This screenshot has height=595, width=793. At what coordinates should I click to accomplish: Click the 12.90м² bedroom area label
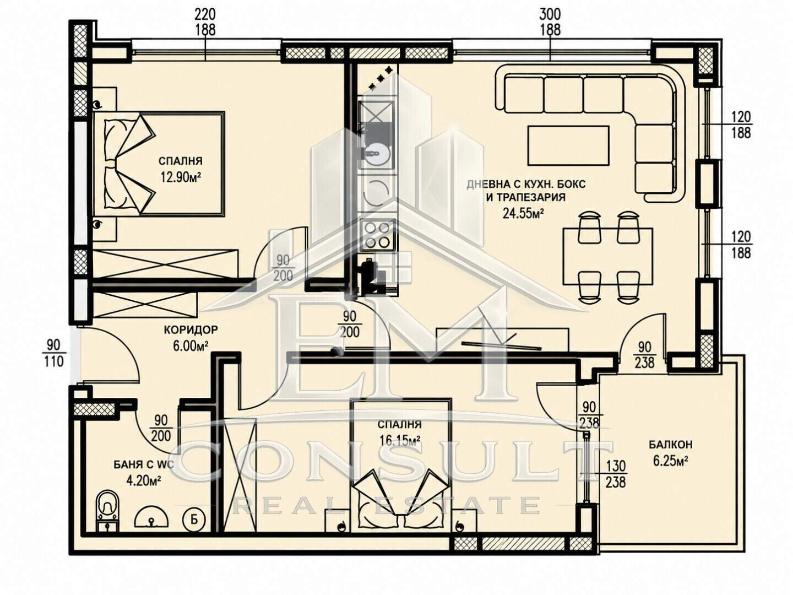181,178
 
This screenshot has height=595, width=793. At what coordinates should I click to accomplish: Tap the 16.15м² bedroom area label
400,440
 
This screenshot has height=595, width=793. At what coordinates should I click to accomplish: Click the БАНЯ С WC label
144,464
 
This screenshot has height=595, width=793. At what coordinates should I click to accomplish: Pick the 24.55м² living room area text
524,213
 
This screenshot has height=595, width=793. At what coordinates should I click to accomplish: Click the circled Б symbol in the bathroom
194,520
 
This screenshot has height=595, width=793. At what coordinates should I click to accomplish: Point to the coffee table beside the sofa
569,145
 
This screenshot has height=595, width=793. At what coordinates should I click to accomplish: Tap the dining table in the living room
608,256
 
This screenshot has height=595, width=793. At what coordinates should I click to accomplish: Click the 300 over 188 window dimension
550,23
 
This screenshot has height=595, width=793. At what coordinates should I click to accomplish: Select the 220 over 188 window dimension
205,23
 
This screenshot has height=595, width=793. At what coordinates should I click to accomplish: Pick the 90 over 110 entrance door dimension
53,353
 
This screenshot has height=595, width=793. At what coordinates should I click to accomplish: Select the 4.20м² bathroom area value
144,481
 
